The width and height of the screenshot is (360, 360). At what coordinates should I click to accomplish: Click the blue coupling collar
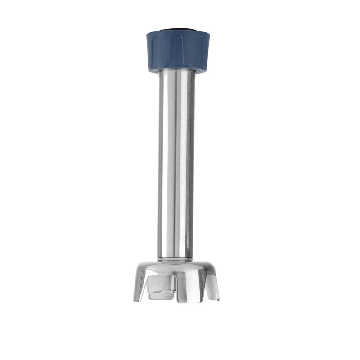[177, 52]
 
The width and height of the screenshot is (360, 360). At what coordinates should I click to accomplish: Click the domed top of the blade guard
[177, 268]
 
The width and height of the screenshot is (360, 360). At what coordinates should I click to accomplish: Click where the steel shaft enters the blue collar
[177, 73]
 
